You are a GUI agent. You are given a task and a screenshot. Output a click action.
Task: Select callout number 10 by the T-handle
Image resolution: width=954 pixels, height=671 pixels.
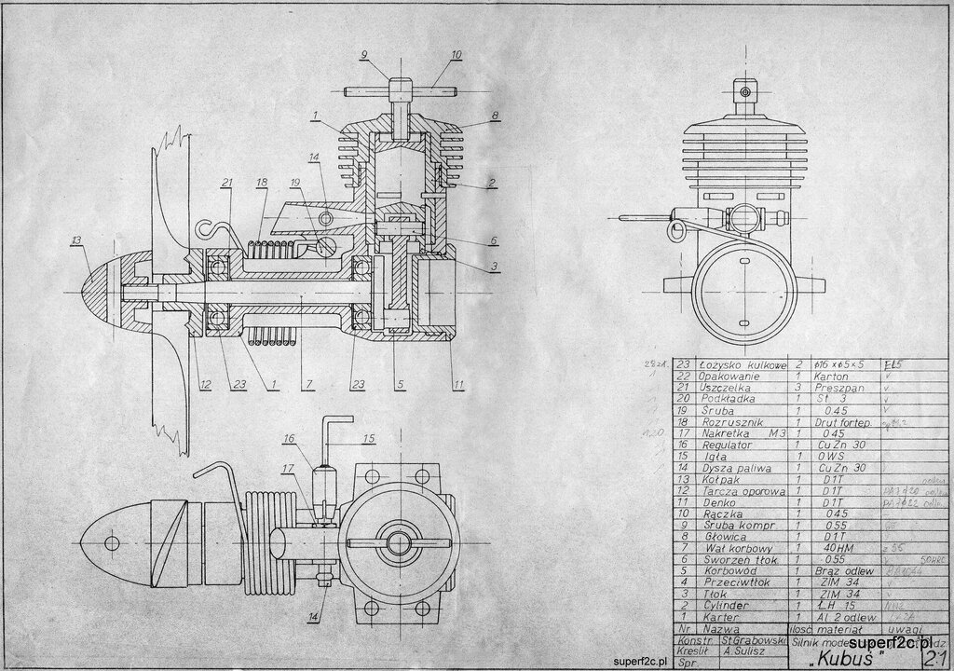pyautogui.click(x=456, y=55)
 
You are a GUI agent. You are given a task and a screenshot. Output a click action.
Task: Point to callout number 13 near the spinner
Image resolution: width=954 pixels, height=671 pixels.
pyautogui.click(x=75, y=240)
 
